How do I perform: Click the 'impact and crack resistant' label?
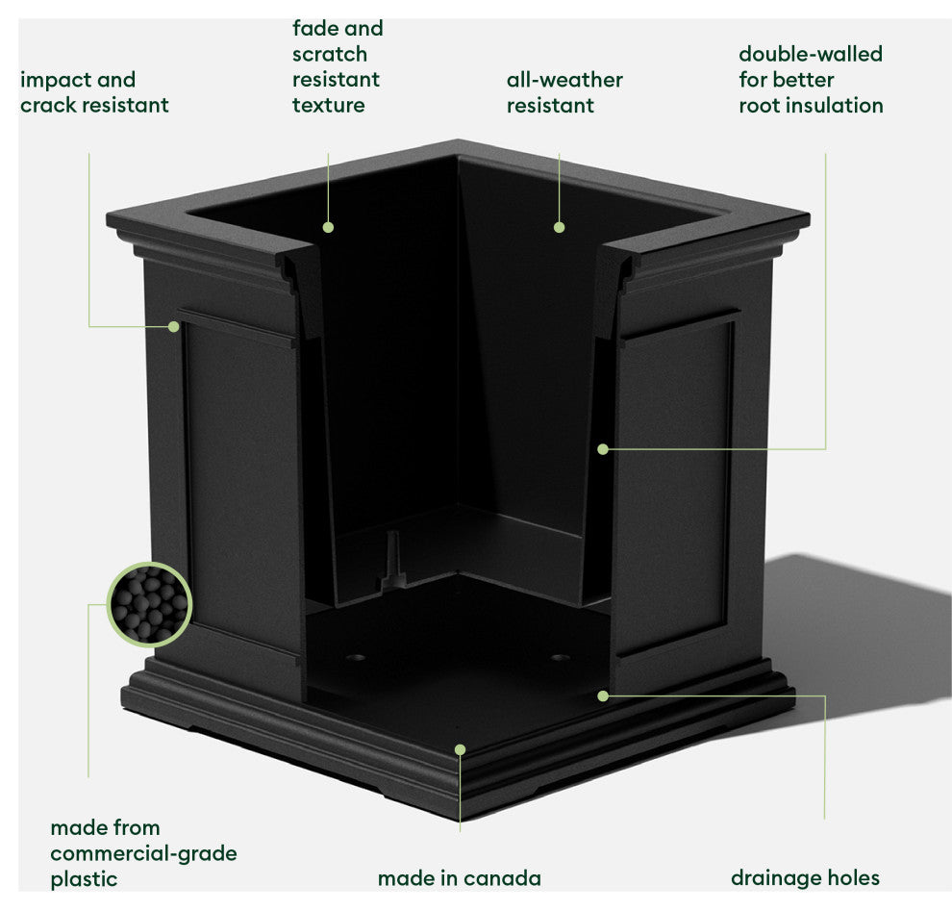(x=94, y=92)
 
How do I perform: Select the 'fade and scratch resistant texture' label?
(x=337, y=66)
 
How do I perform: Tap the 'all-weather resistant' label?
(x=564, y=92)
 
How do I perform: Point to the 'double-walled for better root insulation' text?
(x=811, y=80)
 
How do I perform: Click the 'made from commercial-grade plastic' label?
(x=143, y=852)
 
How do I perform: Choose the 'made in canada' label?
(x=459, y=878)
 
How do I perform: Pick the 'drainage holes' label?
(x=805, y=878)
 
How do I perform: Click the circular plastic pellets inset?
(x=149, y=604)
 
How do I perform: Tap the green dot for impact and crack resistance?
(x=174, y=326)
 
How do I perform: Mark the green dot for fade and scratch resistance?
(x=328, y=227)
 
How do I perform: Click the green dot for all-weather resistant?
(x=559, y=227)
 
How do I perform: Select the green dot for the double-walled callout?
(x=603, y=448)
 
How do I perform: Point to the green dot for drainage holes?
(x=603, y=695)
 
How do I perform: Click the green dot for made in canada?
(x=460, y=748)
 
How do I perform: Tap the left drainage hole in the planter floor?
(x=356, y=660)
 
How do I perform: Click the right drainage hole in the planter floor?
(x=561, y=659)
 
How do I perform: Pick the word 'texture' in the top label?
(x=329, y=105)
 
